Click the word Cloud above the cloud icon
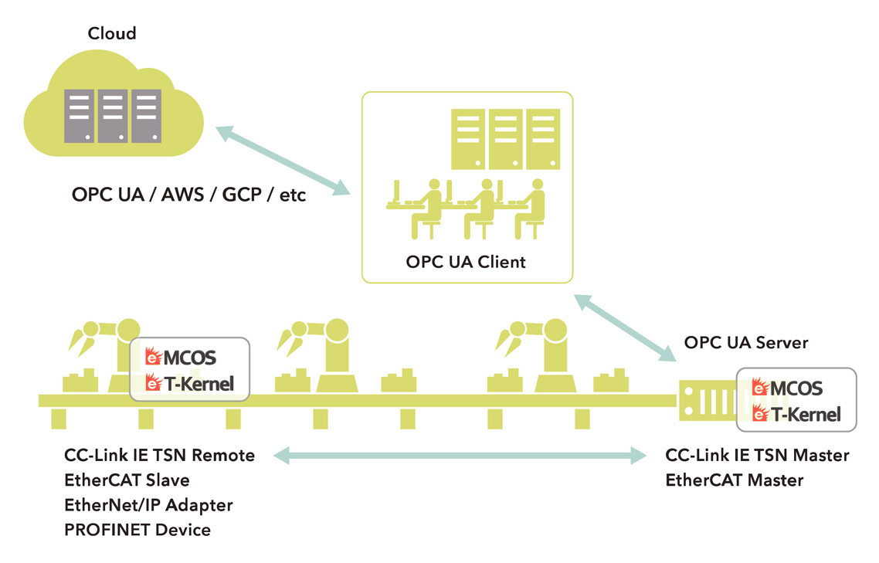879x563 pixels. click(112, 33)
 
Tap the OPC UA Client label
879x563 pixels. click(466, 262)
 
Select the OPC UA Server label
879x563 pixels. click(746, 342)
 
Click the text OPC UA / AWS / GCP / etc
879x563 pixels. click(189, 195)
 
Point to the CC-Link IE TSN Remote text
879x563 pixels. click(160, 455)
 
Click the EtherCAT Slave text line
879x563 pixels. click(127, 480)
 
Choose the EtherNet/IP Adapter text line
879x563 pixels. click(149, 505)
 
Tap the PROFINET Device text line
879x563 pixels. click(137, 530)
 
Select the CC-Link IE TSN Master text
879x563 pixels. click(757, 455)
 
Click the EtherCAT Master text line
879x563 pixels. click(735, 480)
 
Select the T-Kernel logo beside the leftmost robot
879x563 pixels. click(189, 382)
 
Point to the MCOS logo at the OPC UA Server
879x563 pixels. click(788, 388)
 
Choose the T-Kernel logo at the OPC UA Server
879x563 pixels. click(796, 414)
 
